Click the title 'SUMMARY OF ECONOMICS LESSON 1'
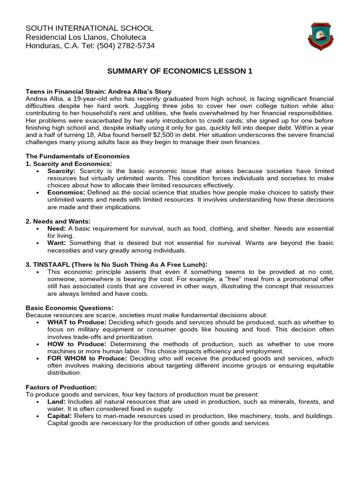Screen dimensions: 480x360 [180, 71]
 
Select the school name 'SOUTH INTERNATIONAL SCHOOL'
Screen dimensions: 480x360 [89, 29]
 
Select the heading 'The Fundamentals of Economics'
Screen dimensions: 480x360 [77, 156]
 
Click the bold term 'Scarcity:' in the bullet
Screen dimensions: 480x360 [61, 171]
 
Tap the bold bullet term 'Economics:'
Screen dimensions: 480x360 [66, 193]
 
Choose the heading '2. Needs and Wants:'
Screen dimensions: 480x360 [58, 221]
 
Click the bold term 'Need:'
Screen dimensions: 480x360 [57, 228]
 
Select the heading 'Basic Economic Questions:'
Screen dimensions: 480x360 [69, 307]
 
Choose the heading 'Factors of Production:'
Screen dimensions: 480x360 [61, 387]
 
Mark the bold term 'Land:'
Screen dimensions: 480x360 [56, 402]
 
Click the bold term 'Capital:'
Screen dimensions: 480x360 [60, 416]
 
